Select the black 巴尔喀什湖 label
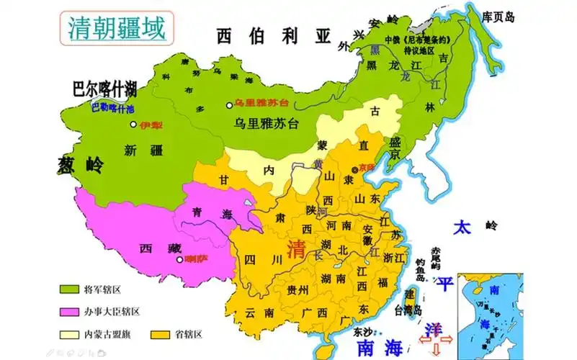click(x=105, y=89)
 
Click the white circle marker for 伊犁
click(x=133, y=125)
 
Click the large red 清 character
click(x=295, y=250)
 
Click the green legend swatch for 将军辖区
click(x=68, y=289)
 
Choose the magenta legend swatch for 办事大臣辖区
click(x=68, y=312)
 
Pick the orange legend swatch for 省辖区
click(x=160, y=334)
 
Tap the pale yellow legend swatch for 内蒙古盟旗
click(x=68, y=334)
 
